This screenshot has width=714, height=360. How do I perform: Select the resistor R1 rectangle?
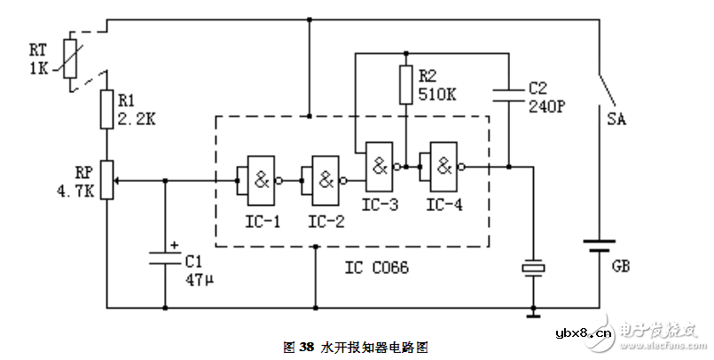coord(106,109)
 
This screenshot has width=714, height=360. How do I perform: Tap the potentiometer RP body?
coord(106,179)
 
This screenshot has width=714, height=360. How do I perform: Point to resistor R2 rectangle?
coord(405,84)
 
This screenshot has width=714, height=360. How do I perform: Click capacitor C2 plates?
coord(509,92)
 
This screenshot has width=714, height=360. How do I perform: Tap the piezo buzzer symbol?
coord(533,267)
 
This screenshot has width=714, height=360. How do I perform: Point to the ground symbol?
coord(533,312)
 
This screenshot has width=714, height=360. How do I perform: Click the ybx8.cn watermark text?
coord(582,333)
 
